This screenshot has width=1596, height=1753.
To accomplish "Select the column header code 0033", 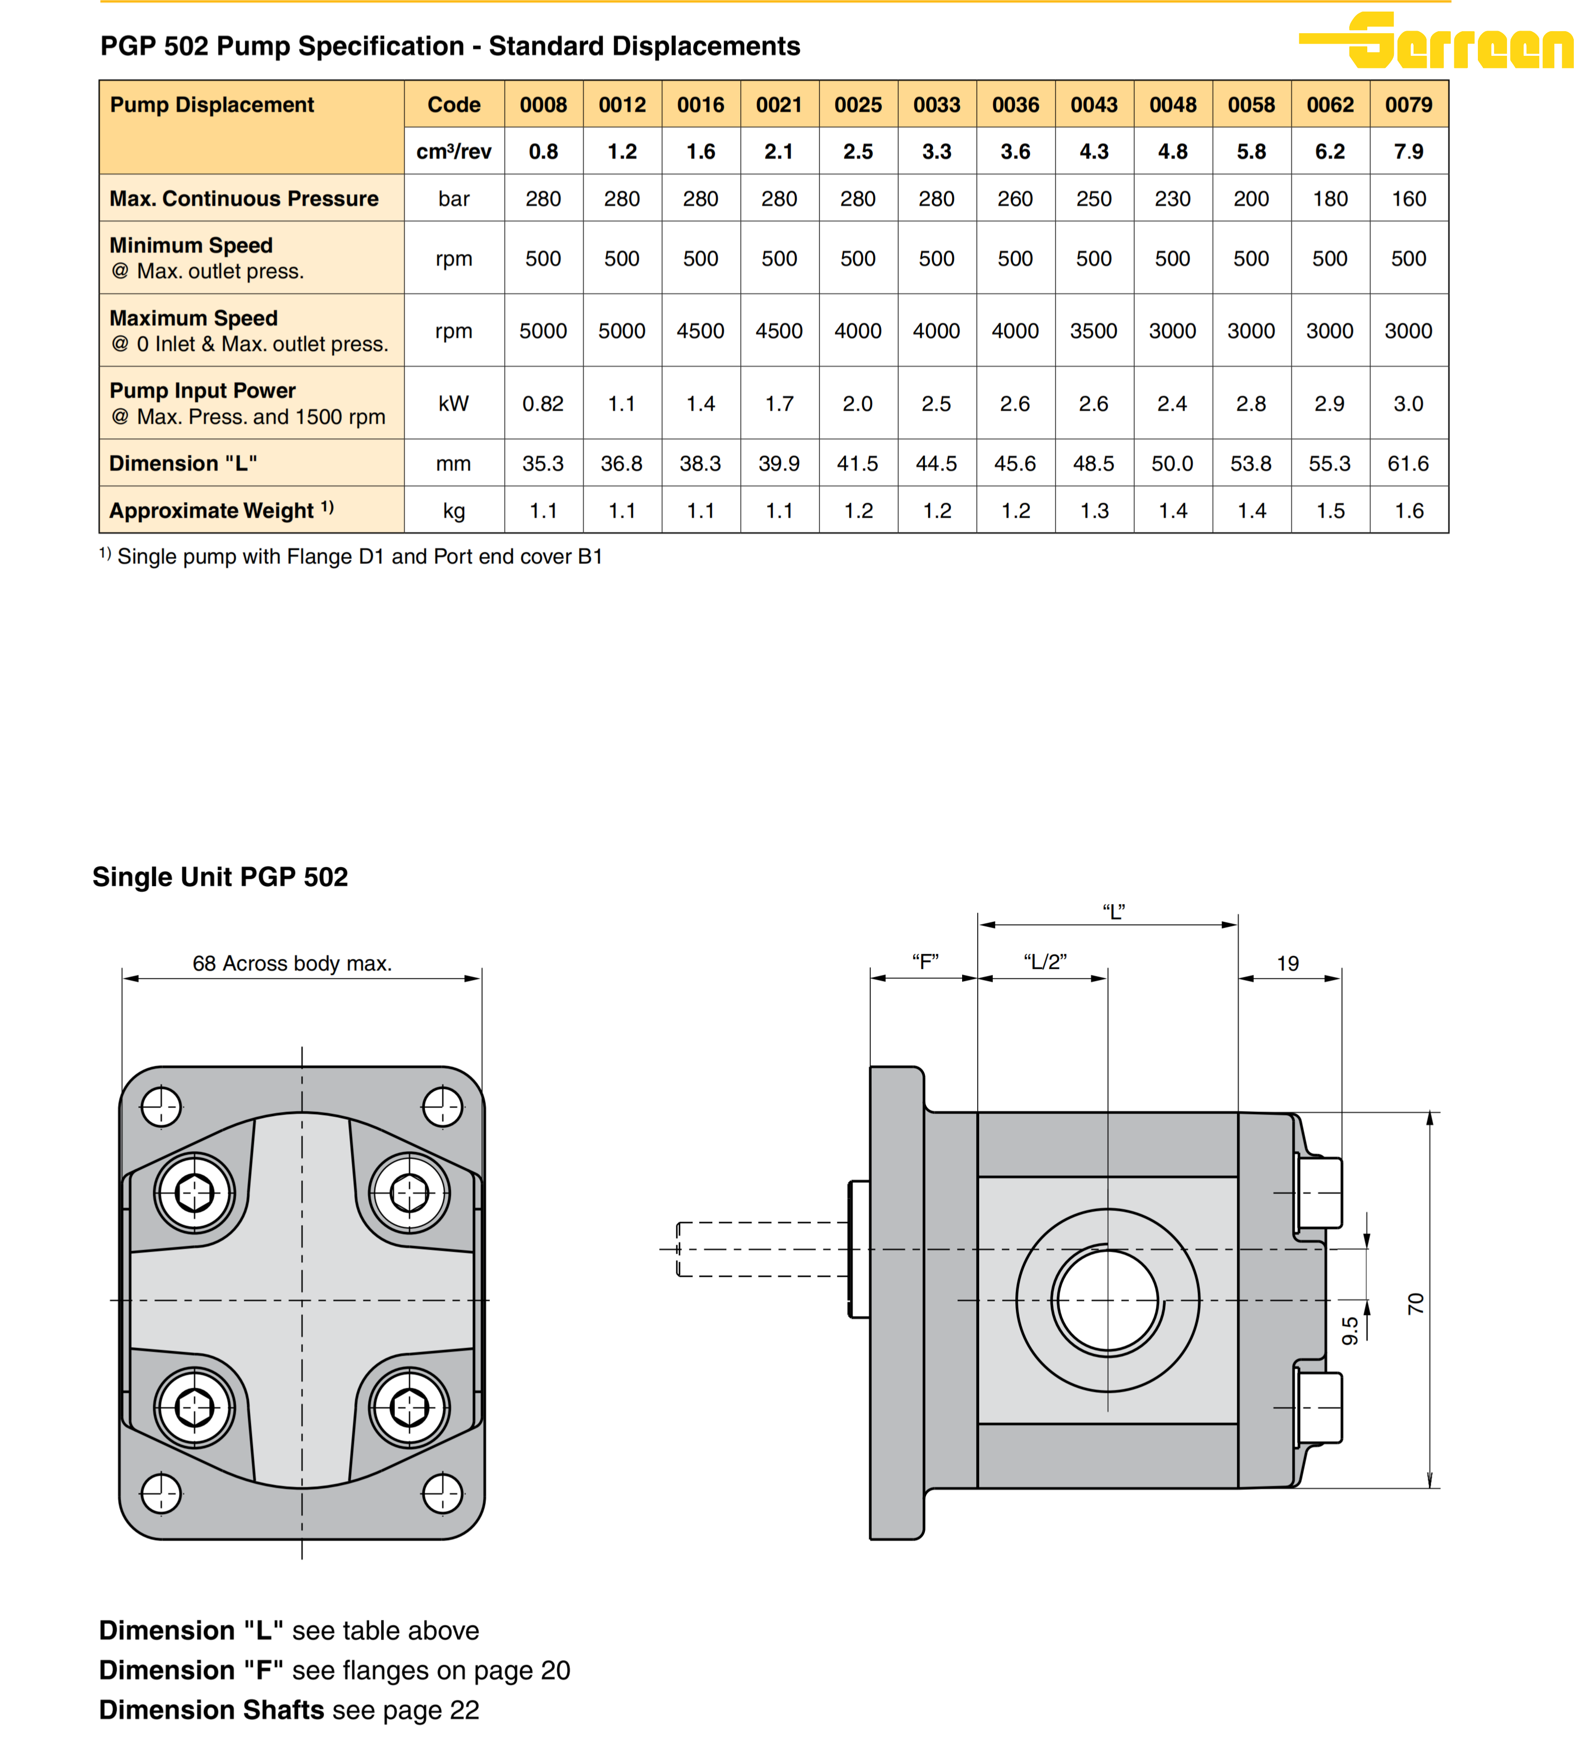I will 936,105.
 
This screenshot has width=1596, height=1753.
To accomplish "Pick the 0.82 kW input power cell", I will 543,404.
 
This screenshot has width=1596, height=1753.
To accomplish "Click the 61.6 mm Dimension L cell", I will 1408,463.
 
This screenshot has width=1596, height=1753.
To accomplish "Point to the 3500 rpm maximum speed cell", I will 1093,331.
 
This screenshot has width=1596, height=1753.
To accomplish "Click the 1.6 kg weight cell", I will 1408,511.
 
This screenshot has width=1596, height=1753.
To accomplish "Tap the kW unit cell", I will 453,404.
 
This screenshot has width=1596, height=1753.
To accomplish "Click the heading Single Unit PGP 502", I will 220,876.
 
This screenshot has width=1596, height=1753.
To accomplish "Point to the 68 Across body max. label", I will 292,963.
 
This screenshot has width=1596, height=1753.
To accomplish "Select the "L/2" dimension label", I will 1045,962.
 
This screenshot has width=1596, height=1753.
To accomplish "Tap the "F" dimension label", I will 924,962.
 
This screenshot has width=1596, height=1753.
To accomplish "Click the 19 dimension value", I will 1287,963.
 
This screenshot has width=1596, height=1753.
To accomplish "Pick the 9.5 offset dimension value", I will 1350,1330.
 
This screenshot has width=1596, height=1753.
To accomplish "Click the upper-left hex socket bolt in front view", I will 194,1193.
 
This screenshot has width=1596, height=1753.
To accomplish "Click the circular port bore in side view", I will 1106,1301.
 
